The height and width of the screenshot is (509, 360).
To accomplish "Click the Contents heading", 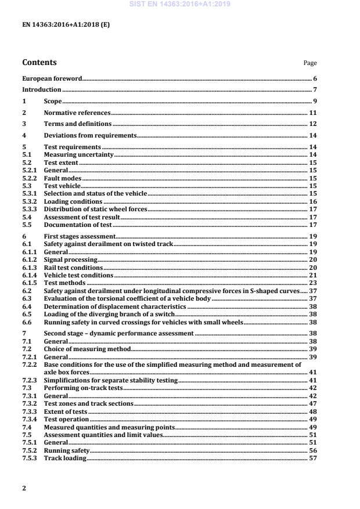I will [39, 62].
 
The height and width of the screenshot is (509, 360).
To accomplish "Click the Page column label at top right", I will [310, 63].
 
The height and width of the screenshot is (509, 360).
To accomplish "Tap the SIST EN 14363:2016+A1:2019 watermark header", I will [180, 3].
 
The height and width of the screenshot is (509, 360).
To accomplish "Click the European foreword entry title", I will [52, 78].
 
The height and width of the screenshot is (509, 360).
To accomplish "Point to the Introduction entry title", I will [41, 89].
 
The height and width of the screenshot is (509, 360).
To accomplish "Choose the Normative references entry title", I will [77, 113].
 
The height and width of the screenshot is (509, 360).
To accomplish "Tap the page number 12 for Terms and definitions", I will [312, 124].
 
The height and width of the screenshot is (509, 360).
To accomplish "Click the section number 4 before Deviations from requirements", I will [24, 135].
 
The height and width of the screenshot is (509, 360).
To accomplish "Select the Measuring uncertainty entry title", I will [78, 154].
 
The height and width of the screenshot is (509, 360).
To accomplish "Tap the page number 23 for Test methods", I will [312, 282].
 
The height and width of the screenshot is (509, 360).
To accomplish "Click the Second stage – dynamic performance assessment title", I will [119, 334].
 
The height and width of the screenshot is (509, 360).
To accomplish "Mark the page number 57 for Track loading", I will [312, 458].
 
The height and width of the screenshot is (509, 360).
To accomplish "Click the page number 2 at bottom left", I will [24, 488].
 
